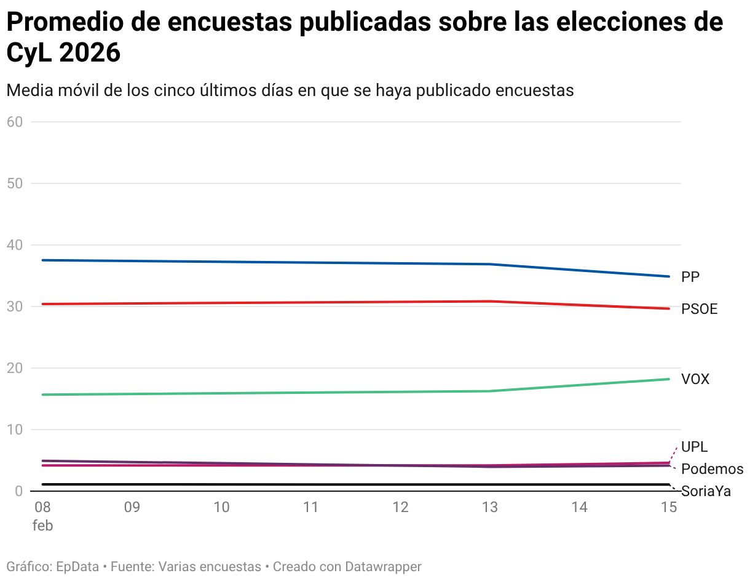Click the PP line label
pos(690,278)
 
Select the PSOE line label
pos(699,309)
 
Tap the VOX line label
pos(695,379)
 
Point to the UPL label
pos(694,447)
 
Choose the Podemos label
pos(712,470)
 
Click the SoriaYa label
pos(706,492)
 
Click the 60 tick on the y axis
pos(15,122)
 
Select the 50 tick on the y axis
pos(15,183)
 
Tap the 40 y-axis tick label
pos(15,245)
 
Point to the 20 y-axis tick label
pos(15,368)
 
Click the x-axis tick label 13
pos(490,507)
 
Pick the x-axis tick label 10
pos(221,507)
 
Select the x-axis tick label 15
pos(668,507)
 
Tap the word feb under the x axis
pos(43,526)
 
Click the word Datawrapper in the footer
pos(383,566)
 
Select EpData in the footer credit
pos(77,566)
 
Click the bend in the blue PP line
pos(490,264)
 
